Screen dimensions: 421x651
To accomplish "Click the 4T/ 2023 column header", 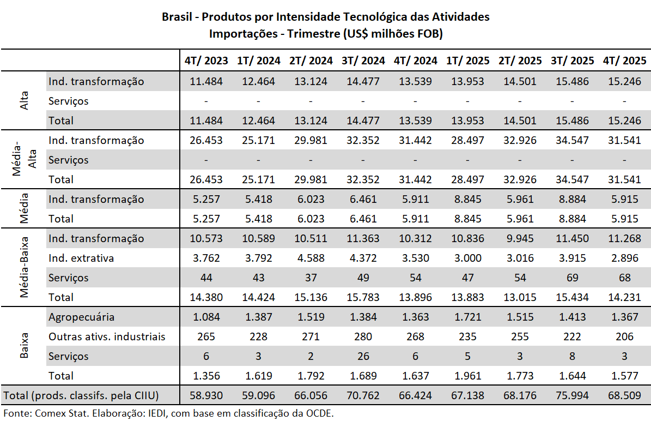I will click(x=206, y=61).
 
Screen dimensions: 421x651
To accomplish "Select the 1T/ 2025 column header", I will click(x=467, y=61).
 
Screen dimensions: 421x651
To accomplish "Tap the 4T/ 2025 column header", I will click(x=624, y=61).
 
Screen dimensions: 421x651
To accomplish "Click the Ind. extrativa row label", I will click(x=81, y=258).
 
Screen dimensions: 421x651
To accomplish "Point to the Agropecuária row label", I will click(x=81, y=317).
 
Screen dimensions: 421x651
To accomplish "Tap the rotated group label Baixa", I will click(x=24, y=346).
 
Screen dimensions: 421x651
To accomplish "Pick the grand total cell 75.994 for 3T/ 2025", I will click(x=572, y=395).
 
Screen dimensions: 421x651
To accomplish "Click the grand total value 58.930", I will click(x=206, y=395).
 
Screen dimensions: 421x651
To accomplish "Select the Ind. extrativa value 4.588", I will click(x=311, y=258).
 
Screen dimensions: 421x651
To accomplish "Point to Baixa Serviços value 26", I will click(x=363, y=356).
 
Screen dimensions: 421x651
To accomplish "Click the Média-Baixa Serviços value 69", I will click(x=572, y=278).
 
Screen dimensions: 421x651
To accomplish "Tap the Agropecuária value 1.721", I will click(x=467, y=317).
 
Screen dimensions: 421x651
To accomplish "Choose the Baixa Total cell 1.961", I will click(x=467, y=376).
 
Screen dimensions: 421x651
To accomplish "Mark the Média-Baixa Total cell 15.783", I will click(x=363, y=297).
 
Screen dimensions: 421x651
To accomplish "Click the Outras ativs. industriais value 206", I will click(x=624, y=336).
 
